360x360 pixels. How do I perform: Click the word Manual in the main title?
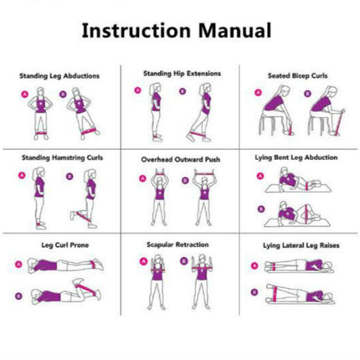pyautogui.click(x=234, y=30)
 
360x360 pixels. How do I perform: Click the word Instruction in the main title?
pyautogui.click(x=136, y=30)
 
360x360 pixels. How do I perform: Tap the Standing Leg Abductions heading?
pyautogui.click(x=59, y=76)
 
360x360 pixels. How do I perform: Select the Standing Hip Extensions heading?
pyautogui.click(x=183, y=74)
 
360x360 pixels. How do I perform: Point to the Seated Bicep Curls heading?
pyautogui.click(x=297, y=75)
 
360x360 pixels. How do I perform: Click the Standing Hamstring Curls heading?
pyautogui.click(x=62, y=157)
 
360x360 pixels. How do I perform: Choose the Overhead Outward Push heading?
pyautogui.click(x=181, y=160)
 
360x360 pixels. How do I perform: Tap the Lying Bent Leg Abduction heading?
pyautogui.click(x=296, y=157)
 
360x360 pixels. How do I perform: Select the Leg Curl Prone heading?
pyautogui.click(x=65, y=245)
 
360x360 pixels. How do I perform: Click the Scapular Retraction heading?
pyautogui.click(x=177, y=244)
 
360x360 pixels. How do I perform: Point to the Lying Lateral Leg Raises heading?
pyautogui.click(x=301, y=245)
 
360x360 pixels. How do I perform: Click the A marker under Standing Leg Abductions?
pyautogui.click(x=25, y=94)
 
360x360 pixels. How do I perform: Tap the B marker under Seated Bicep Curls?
pyautogui.click(x=307, y=94)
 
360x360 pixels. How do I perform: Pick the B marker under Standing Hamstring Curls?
pyautogui.click(x=69, y=177)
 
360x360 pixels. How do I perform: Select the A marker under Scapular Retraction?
pyautogui.click(x=143, y=261)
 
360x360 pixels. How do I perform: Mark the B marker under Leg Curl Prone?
pyautogui.click(x=18, y=296)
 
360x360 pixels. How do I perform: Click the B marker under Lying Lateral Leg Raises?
pyautogui.click(x=255, y=292)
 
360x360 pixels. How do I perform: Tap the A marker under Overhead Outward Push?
pyautogui.click(x=142, y=178)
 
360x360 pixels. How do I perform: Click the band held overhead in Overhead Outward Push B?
pyautogui.click(x=206, y=174)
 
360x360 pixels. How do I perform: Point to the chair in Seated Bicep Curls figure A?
pyautogui.click(x=266, y=123)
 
